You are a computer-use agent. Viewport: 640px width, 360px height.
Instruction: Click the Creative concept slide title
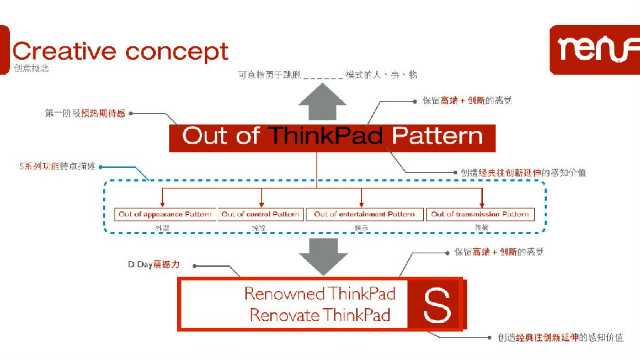click(x=120, y=52)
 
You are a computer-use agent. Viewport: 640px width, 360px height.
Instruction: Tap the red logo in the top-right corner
click(x=594, y=49)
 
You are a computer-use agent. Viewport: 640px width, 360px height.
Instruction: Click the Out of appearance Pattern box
click(x=165, y=214)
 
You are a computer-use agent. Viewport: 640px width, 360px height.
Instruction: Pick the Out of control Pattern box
click(x=260, y=214)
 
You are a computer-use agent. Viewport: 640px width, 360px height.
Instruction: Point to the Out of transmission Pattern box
click(x=480, y=214)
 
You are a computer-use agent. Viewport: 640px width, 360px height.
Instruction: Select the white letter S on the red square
click(x=437, y=305)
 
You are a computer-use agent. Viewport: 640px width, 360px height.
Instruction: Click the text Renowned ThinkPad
click(x=319, y=293)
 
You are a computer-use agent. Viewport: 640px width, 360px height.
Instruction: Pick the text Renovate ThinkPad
click(x=320, y=315)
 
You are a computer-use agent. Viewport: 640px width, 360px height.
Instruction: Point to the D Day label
click(x=154, y=265)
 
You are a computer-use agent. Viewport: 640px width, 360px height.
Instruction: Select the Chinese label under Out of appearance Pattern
click(x=164, y=227)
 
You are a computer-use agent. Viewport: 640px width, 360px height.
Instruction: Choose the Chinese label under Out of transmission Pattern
click(x=481, y=227)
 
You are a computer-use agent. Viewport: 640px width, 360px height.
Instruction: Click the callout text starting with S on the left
click(x=57, y=166)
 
